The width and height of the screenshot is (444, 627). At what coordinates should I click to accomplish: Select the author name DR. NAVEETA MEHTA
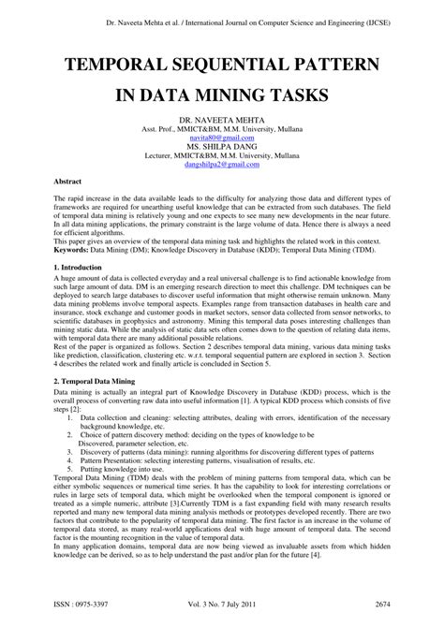click(x=222, y=122)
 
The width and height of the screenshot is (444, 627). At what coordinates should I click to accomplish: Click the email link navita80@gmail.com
click(x=222, y=138)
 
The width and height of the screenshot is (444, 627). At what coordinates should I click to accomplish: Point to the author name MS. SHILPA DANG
click(x=222, y=146)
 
